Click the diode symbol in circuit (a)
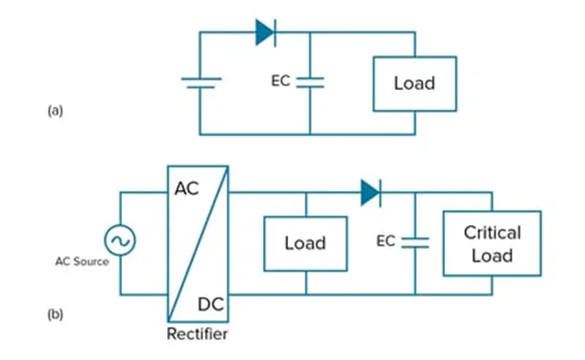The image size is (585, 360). tap(266, 33)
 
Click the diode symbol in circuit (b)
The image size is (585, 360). tap(371, 193)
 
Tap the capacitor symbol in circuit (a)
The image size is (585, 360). tap(310, 82)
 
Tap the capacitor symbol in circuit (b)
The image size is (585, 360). tap(415, 243)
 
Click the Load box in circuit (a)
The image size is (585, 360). tap(414, 84)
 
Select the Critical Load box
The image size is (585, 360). tap(492, 243)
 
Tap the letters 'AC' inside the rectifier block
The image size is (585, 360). tap(187, 188)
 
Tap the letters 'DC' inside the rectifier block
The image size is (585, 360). tap(211, 304)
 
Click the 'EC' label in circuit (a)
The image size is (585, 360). tap(280, 82)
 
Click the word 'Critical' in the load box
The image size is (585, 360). tap(492, 233)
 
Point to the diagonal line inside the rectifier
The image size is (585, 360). tap(198, 244)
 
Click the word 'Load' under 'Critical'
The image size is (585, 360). tap(492, 255)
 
